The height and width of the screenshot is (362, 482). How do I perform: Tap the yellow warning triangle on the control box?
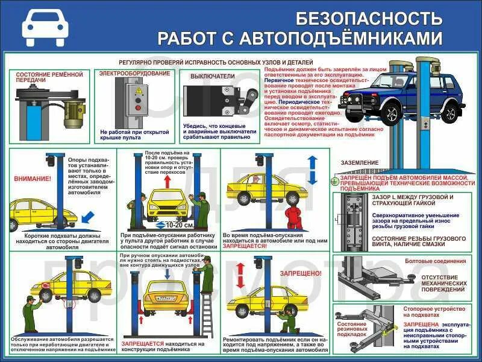[138, 91]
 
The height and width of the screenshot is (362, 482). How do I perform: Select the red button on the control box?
[138, 109]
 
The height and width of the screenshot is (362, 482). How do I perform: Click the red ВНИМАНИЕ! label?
[33, 179]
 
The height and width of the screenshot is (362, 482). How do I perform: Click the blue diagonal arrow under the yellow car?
[87, 214]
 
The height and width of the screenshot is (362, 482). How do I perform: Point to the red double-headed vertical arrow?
[240, 276]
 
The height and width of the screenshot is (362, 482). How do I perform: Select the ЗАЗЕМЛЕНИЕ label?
[359, 162]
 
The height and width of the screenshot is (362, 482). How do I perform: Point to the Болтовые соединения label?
[443, 261]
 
